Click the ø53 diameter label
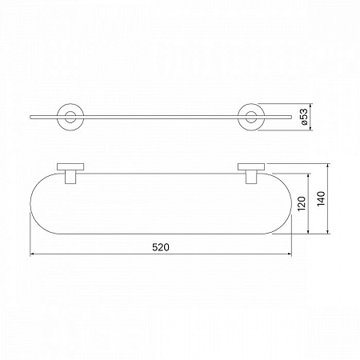click(304, 117)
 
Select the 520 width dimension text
click(161, 247)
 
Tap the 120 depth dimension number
click(302, 204)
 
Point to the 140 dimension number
click(321, 198)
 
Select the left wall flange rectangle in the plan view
click(70, 167)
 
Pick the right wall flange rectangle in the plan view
click(251, 167)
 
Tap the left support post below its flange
click(70, 177)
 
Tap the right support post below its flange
click(251, 177)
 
